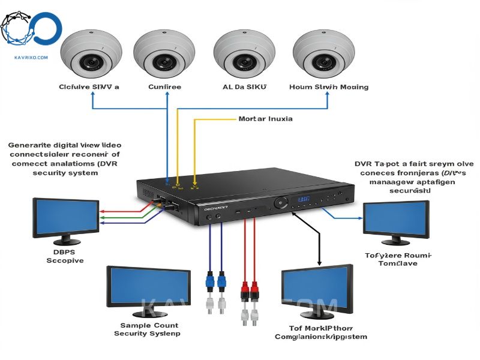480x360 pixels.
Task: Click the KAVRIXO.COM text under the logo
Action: (31, 58)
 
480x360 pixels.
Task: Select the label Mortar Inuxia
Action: (265, 119)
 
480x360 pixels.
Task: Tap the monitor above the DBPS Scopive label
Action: (66, 218)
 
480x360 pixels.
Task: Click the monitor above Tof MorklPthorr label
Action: (317, 292)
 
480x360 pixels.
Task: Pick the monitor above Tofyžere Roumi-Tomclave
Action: (396, 220)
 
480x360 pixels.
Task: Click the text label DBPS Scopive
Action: (65, 256)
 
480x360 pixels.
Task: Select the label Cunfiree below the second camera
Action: (164, 87)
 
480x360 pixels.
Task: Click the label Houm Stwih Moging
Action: (328, 87)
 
